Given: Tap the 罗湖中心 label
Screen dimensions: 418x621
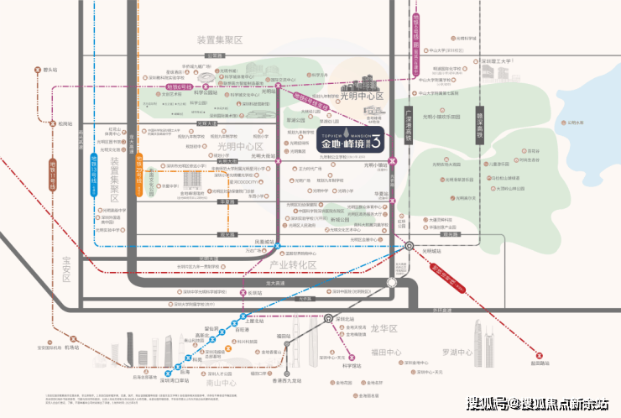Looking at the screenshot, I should click(458, 353).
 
